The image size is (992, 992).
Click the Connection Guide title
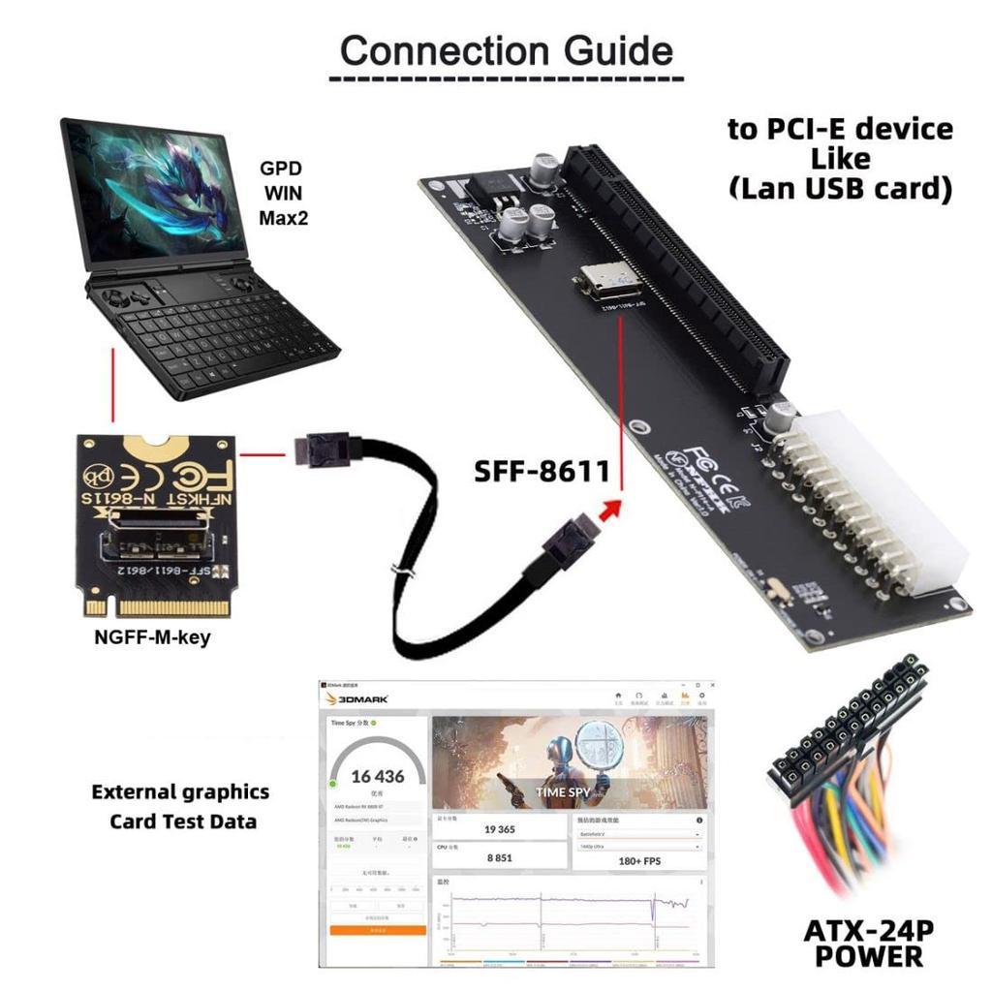tap(506, 49)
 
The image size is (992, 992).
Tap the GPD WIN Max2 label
tap(283, 193)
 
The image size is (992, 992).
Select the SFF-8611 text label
tap(542, 471)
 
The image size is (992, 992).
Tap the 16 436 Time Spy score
tap(378, 776)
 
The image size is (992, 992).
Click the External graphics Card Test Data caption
tap(181, 806)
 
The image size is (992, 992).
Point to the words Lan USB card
tap(840, 188)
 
